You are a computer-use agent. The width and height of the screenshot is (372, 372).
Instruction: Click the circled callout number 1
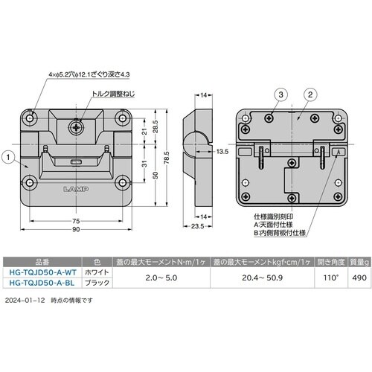pyautogui.click(x=8, y=157)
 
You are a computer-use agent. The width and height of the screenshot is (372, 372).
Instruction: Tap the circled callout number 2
pyautogui.click(x=310, y=94)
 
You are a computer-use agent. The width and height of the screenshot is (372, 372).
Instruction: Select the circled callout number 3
pyautogui.click(x=280, y=94)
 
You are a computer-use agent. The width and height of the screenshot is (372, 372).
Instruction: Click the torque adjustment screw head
pyautogui.click(x=76, y=128)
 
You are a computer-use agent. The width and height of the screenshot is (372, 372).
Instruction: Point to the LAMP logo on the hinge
pyautogui.click(x=76, y=189)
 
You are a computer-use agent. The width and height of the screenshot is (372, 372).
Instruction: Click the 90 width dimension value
pyautogui.click(x=76, y=229)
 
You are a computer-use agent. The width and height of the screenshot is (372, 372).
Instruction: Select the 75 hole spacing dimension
pyautogui.click(x=76, y=221)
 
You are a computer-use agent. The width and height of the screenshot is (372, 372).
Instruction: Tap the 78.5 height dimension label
pyautogui.click(x=167, y=158)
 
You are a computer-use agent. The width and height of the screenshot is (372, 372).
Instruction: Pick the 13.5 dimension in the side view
pyautogui.click(x=222, y=152)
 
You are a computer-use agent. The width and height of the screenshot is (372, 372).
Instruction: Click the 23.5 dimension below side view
pyautogui.click(x=197, y=226)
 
